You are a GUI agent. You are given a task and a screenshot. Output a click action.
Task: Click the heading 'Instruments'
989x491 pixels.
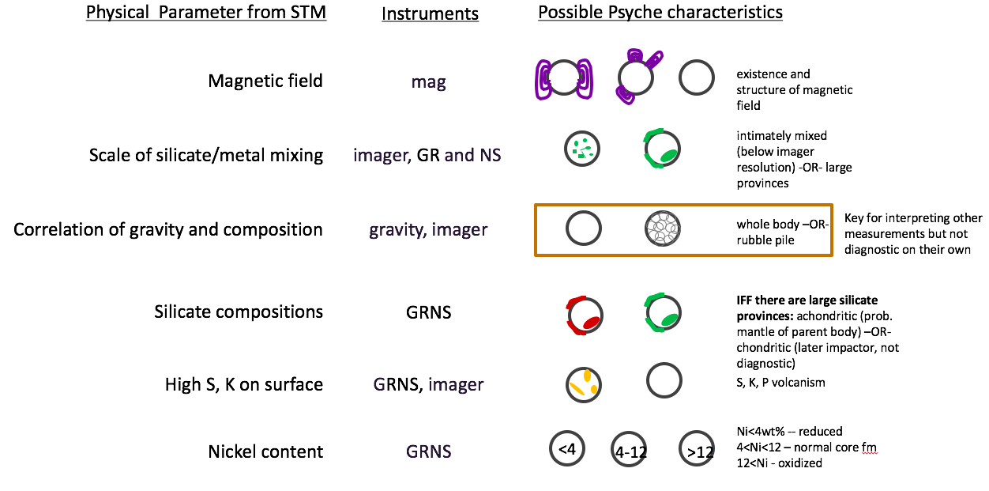click(x=430, y=14)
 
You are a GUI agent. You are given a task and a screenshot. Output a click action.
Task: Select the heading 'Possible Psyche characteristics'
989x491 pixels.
click(x=660, y=13)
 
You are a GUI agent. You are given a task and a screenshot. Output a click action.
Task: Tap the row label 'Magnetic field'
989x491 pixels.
click(x=265, y=81)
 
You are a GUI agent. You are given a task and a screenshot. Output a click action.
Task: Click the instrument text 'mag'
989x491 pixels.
click(x=429, y=81)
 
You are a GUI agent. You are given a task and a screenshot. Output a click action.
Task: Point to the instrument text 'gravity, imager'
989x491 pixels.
click(x=429, y=230)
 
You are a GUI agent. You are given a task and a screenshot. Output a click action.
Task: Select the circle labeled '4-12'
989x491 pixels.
click(x=630, y=451)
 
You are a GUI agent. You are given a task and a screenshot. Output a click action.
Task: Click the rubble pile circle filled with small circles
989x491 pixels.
click(x=662, y=229)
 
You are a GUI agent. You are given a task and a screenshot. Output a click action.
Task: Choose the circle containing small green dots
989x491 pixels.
click(x=584, y=149)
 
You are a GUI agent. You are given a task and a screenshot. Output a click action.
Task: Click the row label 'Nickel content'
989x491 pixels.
click(x=265, y=451)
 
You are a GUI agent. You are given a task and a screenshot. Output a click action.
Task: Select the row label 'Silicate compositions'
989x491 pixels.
click(x=239, y=312)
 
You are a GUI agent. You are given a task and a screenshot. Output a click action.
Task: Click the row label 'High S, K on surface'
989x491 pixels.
click(x=244, y=384)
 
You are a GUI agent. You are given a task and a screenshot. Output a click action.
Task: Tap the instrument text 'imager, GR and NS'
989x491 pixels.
click(x=428, y=155)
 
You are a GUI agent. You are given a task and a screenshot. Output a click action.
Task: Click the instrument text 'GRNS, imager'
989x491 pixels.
click(x=428, y=384)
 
